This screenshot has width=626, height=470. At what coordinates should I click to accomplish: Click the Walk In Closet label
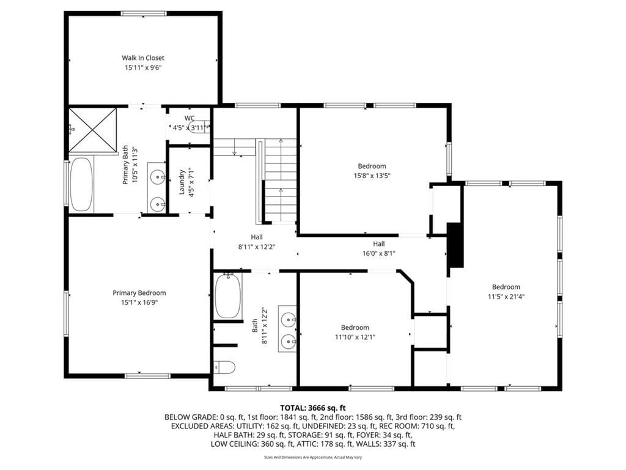coord(143,58)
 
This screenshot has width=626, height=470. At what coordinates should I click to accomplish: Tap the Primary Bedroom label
coord(139,293)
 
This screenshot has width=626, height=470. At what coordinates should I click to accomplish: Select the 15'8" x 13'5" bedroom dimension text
coord(372,176)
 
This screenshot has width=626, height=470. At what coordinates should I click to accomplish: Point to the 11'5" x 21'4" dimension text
coord(506,297)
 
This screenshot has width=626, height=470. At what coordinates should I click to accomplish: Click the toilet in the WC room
coord(200,127)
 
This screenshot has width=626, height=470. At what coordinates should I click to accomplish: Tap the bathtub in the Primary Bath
coord(82,184)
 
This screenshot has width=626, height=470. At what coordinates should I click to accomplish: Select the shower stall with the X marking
coord(93,130)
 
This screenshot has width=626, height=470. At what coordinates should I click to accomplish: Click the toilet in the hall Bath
coord(224,367)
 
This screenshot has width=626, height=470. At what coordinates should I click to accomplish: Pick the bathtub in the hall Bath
coord(228,296)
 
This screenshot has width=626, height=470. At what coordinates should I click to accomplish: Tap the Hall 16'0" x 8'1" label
coord(379,248)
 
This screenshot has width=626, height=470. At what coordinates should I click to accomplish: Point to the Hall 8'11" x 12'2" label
coord(257,242)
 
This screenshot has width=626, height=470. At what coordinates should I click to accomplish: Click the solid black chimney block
coord(455,245)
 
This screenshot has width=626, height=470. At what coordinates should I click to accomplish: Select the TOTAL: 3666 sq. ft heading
coord(313,408)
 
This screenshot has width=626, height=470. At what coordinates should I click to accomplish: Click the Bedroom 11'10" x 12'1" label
coord(355,332)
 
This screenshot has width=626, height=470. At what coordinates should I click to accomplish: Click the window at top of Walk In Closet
coord(144,13)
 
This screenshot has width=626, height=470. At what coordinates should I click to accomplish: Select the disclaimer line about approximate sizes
coord(313,457)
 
